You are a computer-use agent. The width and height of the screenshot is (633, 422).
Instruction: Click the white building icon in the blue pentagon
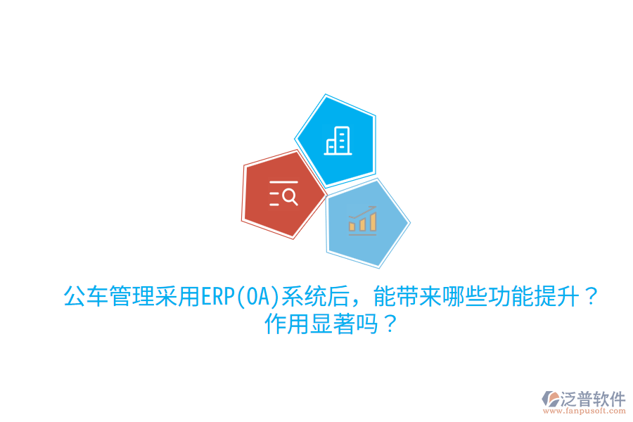click(337, 141)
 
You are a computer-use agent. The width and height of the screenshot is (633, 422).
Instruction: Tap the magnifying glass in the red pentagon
click(289, 196)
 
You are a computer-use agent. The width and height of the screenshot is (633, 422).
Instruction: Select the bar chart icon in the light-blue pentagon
click(362, 221)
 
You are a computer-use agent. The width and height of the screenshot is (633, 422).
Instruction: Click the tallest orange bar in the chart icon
click(373, 222)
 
